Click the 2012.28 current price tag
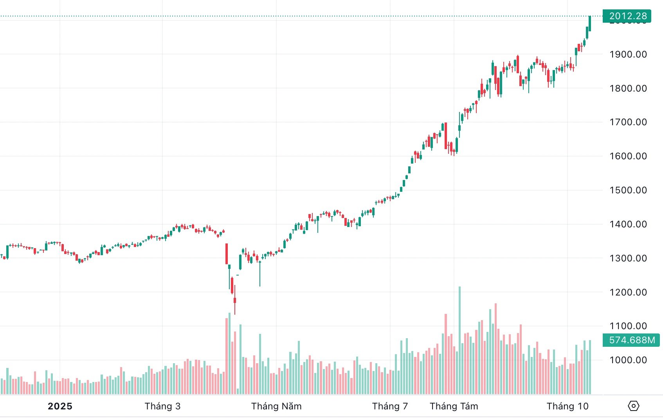pyautogui.click(x=627, y=16)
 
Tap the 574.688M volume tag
pyautogui.click(x=631, y=340)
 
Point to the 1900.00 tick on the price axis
pyautogui.click(x=628, y=54)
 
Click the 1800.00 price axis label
pyautogui.click(x=628, y=88)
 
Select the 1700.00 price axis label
pyautogui.click(x=628, y=122)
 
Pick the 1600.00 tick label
pyautogui.click(x=628, y=156)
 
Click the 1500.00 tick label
pyautogui.click(x=628, y=190)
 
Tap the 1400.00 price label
pyautogui.click(x=628, y=224)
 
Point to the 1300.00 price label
pyautogui.click(x=628, y=258)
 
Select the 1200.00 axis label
pyautogui.click(x=628, y=292)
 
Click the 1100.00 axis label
pyautogui.click(x=628, y=326)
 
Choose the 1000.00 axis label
pyautogui.click(x=628, y=360)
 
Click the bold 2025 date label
pyautogui.click(x=60, y=406)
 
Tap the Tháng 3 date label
pyautogui.click(x=162, y=406)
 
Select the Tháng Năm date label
pyautogui.click(x=276, y=406)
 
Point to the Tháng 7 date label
pyautogui.click(x=390, y=406)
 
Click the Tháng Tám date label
pyautogui.click(x=454, y=406)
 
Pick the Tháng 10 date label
pyautogui.click(x=568, y=406)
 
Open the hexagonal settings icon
pyautogui.click(x=633, y=406)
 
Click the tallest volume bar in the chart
pyautogui.click(x=459, y=341)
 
